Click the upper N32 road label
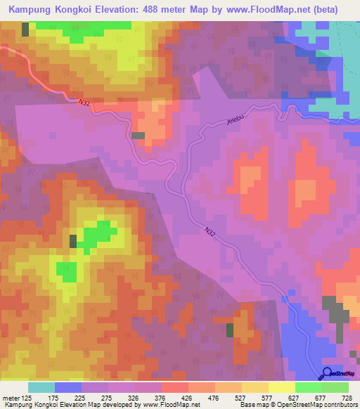tap(84, 103)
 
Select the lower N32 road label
tap(212, 231)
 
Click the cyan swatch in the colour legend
tap(41, 387)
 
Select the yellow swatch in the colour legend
tap(281, 387)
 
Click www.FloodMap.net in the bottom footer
tap(140, 405)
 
